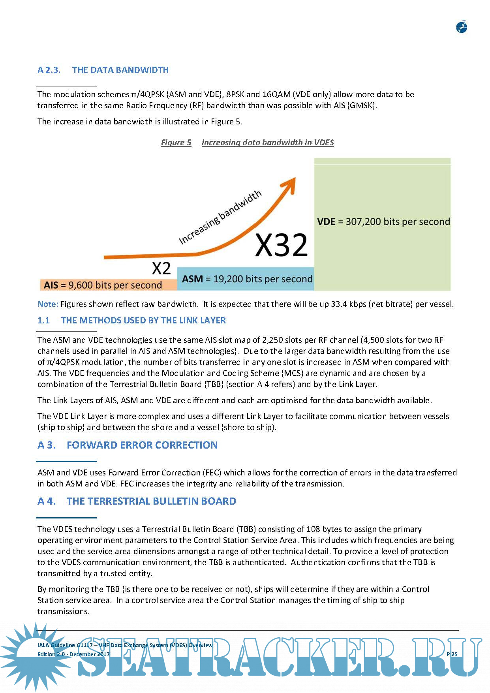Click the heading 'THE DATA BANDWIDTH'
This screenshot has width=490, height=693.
tap(120, 70)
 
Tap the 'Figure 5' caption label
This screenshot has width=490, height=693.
tap(176, 143)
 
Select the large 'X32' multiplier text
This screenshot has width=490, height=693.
tap(281, 245)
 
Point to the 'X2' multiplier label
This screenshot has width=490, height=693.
tap(161, 269)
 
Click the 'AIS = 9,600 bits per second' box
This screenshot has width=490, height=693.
tap(108, 285)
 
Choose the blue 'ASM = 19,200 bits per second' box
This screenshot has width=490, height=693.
tap(245, 279)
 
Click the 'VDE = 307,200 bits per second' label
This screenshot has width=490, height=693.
tap(383, 222)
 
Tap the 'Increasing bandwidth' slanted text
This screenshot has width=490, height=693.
tap(220, 217)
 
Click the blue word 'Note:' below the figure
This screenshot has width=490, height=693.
tap(48, 304)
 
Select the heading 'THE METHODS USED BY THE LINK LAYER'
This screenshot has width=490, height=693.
tap(143, 320)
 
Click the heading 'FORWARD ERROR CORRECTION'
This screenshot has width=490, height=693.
tap(142, 445)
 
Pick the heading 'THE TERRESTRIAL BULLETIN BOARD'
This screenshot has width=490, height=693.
tap(151, 501)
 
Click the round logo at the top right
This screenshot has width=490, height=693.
tap(461, 27)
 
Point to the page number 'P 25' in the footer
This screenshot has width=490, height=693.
tap(452, 654)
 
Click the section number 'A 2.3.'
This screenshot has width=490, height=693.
tap(49, 70)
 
